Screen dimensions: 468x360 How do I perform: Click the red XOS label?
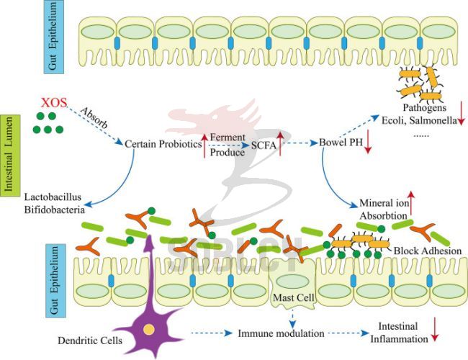coord(54,103)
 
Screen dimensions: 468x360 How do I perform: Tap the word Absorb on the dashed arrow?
coord(94,117)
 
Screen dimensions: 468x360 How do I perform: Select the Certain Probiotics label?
coord(163,144)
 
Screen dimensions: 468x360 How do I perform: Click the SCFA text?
coord(264,145)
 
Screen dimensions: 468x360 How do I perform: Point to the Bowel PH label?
coord(341,143)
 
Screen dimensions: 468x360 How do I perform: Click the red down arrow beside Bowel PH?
coord(368,142)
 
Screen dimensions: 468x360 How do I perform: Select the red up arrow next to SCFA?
coord(280,144)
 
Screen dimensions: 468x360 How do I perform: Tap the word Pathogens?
coord(425,107)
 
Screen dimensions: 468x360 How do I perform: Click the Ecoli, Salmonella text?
coord(419,120)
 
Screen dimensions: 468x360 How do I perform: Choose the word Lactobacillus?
coord(53,197)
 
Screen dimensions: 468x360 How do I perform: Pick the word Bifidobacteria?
coord(54,210)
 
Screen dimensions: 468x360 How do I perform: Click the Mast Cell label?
coord(294,297)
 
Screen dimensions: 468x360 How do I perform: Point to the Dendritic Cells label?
coord(90,341)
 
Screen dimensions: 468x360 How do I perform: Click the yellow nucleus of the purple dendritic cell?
coord(148,330)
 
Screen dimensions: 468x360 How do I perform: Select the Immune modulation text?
coord(281,333)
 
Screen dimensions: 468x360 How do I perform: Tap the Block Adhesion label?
coord(428,251)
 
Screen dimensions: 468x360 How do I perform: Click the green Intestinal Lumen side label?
coord(11,156)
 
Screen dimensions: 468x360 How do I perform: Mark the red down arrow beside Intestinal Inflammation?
coord(435,329)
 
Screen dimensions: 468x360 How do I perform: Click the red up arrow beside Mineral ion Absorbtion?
coord(411,203)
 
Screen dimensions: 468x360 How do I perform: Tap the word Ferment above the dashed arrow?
coord(228,138)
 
